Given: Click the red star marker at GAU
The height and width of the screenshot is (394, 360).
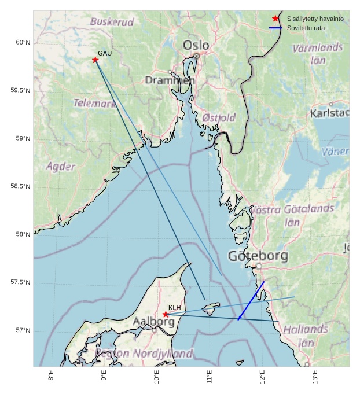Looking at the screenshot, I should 95,60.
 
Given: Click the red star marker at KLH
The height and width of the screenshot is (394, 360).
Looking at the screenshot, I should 166,314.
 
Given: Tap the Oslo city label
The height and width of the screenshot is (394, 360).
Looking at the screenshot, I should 196,45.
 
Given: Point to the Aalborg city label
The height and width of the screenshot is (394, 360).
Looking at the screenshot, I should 153,322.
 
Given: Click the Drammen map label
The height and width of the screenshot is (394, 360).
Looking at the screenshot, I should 170,80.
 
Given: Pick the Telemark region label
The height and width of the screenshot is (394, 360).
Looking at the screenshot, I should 94,104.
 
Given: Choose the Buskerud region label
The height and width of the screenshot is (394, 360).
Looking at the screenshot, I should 112,22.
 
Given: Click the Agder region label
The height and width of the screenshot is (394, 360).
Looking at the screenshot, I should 61,167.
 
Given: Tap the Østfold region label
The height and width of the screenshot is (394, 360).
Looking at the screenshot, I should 219,117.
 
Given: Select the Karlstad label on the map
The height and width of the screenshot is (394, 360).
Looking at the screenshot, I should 329,113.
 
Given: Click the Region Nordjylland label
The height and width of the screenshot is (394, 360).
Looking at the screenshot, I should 144,353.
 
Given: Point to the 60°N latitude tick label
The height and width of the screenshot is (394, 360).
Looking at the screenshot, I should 23,42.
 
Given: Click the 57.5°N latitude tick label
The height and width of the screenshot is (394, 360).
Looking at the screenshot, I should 20,282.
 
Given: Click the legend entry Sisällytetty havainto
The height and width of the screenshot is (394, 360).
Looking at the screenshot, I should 315,19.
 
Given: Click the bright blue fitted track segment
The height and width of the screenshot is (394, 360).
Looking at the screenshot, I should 252,300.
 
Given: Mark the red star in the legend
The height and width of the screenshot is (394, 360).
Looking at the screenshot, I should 275,19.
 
